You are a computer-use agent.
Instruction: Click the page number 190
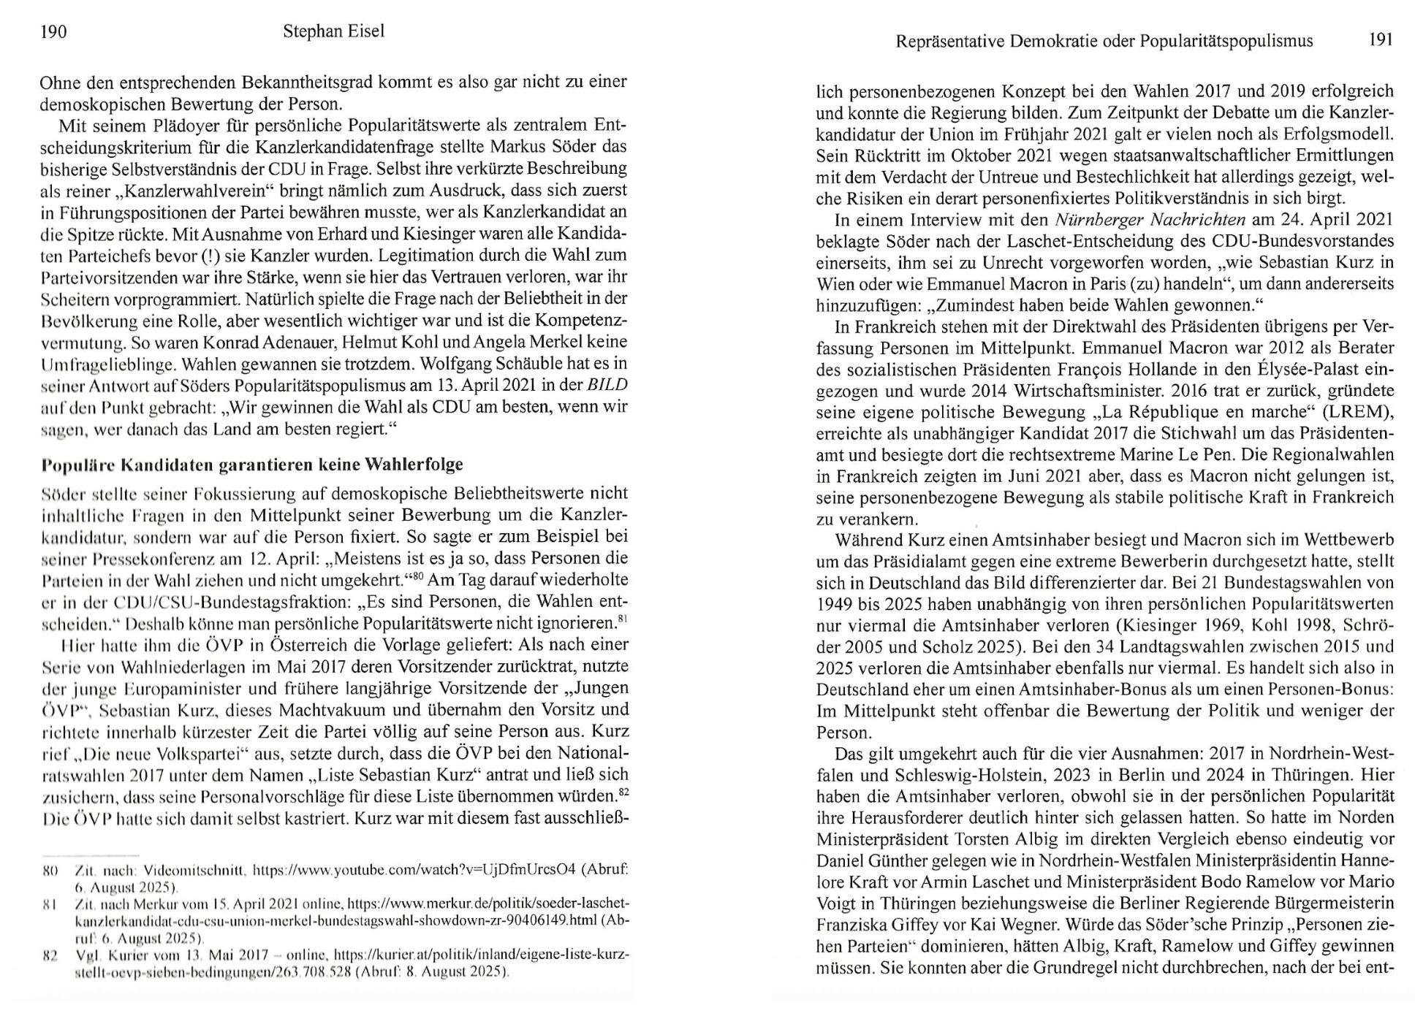(x=53, y=32)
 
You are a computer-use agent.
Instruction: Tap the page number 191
(x=1380, y=40)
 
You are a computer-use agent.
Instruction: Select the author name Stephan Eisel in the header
(x=333, y=31)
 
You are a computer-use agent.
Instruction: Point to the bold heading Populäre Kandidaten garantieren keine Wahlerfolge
(x=252, y=465)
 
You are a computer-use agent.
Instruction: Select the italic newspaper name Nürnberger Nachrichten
(x=1150, y=220)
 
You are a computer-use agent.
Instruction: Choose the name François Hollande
(x=1047, y=370)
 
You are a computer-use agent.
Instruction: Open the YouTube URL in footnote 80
(x=414, y=871)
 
